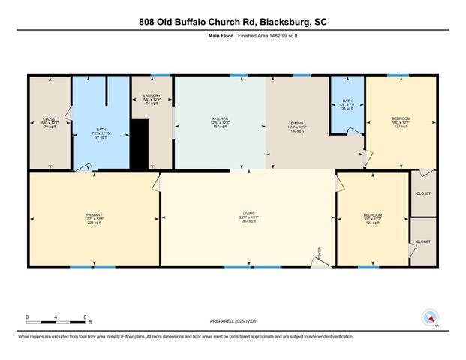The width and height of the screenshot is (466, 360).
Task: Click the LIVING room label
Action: pyautogui.click(x=248, y=217)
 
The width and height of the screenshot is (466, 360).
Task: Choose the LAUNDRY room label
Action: pyautogui.click(x=152, y=98)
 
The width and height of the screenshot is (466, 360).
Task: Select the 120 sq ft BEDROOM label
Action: pyautogui.click(x=401, y=121)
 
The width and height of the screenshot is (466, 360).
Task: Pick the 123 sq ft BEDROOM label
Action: pyautogui.click(x=373, y=218)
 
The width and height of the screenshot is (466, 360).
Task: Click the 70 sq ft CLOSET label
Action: pyautogui.click(x=50, y=121)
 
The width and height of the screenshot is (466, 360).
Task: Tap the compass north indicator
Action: pyautogui.click(x=430, y=318)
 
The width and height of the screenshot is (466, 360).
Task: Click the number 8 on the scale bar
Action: pyautogui.click(x=85, y=316)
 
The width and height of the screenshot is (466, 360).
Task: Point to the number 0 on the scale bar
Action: pyautogui.click(x=27, y=316)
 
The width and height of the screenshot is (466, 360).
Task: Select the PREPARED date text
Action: pyautogui.click(x=233, y=320)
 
